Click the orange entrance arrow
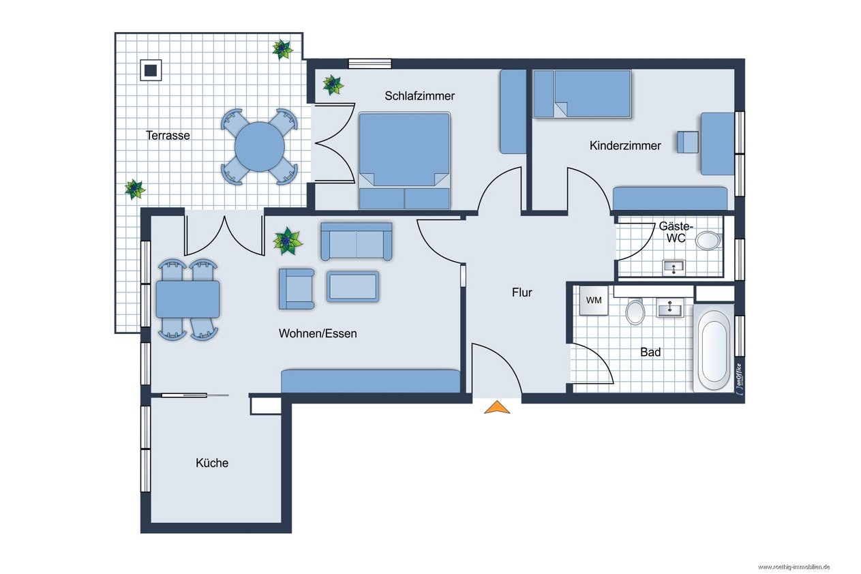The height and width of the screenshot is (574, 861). pyautogui.click(x=497, y=408)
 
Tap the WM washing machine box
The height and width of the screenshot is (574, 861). pyautogui.click(x=594, y=300)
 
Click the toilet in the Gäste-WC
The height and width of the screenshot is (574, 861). pyautogui.click(x=708, y=240)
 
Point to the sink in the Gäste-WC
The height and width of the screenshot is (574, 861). pyautogui.click(x=674, y=267)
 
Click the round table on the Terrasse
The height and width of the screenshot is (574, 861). pyautogui.click(x=260, y=147)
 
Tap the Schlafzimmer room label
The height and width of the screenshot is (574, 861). pyautogui.click(x=420, y=95)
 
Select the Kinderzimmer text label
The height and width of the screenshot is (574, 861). pyautogui.click(x=625, y=146)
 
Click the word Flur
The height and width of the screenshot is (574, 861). pyautogui.click(x=522, y=292)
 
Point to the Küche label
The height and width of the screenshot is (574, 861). pyautogui.click(x=212, y=462)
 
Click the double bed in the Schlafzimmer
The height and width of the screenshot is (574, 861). pyautogui.click(x=404, y=161)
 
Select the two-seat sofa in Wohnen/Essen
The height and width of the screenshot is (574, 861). pyautogui.click(x=357, y=241)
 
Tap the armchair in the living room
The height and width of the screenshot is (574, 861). pyautogui.click(x=297, y=289)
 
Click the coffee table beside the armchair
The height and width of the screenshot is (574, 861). pyautogui.click(x=353, y=286)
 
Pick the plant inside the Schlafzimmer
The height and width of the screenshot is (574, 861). pyautogui.click(x=333, y=85)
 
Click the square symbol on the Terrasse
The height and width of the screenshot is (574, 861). pyautogui.click(x=151, y=70)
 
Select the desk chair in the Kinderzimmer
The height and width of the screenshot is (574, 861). pyautogui.click(x=688, y=142)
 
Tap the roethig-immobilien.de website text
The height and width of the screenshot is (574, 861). pyautogui.click(x=794, y=567)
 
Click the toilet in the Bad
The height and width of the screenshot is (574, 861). pyautogui.click(x=635, y=312)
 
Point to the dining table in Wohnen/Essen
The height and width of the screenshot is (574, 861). pyautogui.click(x=187, y=299)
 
